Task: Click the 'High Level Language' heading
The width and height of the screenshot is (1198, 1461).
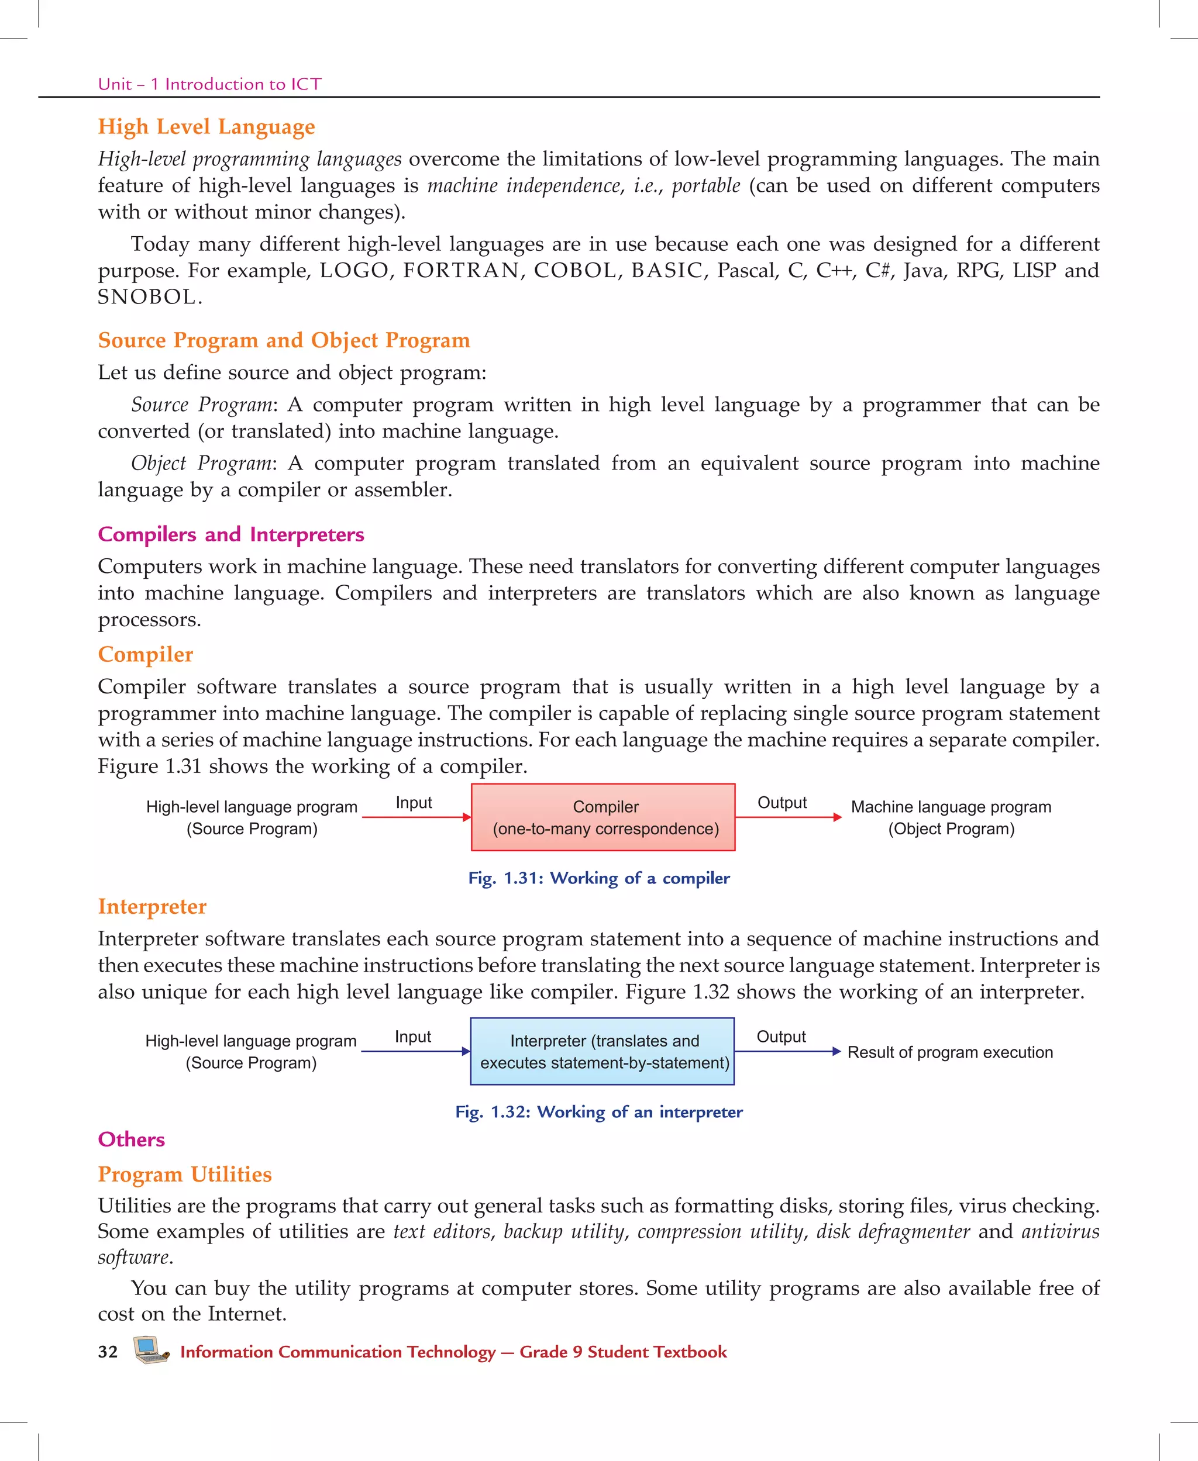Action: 206,127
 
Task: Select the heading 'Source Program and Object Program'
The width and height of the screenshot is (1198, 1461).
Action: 284,340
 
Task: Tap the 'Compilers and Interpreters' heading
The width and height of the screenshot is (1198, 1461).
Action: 230,534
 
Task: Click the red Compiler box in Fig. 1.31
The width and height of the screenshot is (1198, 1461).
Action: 603,817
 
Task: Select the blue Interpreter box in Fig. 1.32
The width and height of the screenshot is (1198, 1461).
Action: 602,1051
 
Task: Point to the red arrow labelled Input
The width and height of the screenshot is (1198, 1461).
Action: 416,817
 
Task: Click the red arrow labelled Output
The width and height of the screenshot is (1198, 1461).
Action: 788,817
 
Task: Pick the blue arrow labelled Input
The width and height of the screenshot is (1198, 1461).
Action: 415,1051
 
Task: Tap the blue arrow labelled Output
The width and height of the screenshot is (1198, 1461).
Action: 787,1051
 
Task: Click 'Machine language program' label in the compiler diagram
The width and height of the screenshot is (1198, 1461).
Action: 951,807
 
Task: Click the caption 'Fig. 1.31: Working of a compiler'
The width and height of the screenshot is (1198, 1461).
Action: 598,878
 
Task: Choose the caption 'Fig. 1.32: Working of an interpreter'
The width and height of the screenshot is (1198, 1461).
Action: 598,1112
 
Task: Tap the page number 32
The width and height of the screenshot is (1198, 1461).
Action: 108,1352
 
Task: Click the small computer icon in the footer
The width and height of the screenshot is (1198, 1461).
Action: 150,1350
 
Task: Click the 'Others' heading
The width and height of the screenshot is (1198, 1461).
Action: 131,1139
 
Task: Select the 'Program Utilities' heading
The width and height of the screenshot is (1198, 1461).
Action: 184,1174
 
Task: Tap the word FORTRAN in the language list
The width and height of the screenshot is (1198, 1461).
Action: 461,271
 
